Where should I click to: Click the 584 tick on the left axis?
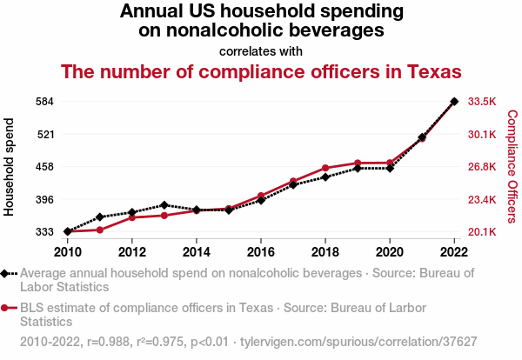click(x=43, y=102)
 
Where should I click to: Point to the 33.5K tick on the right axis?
click(x=482, y=102)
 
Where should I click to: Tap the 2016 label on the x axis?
click(x=261, y=252)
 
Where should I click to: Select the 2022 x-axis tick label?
click(x=454, y=252)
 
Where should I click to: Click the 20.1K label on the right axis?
click(x=482, y=232)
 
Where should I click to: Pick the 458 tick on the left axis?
click(x=43, y=167)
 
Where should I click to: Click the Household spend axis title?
click(x=10, y=167)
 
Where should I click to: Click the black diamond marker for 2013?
click(x=164, y=205)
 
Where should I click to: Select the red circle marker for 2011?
click(x=100, y=230)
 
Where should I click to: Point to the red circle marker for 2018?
click(x=325, y=168)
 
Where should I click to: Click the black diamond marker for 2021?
click(x=422, y=137)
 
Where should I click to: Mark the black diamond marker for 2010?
click(x=68, y=232)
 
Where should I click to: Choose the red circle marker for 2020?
click(x=390, y=163)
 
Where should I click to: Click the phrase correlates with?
click(x=261, y=50)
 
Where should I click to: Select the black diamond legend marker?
click(x=7, y=272)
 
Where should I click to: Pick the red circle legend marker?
click(x=7, y=307)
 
